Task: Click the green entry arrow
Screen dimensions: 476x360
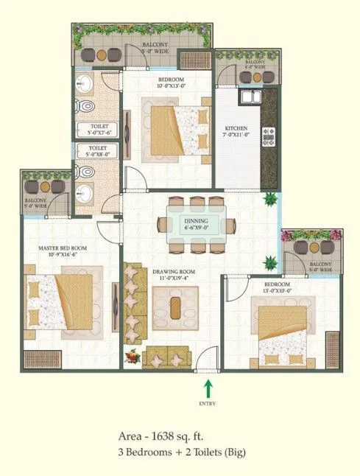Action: point(208,385)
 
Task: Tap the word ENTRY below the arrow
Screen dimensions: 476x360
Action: point(208,404)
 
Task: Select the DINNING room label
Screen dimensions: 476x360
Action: point(196,220)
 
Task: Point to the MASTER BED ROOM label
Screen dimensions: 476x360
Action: point(62,248)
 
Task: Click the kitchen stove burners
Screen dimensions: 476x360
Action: point(269,136)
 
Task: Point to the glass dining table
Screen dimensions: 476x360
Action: point(195,223)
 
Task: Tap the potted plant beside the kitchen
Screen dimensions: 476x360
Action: point(271,197)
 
